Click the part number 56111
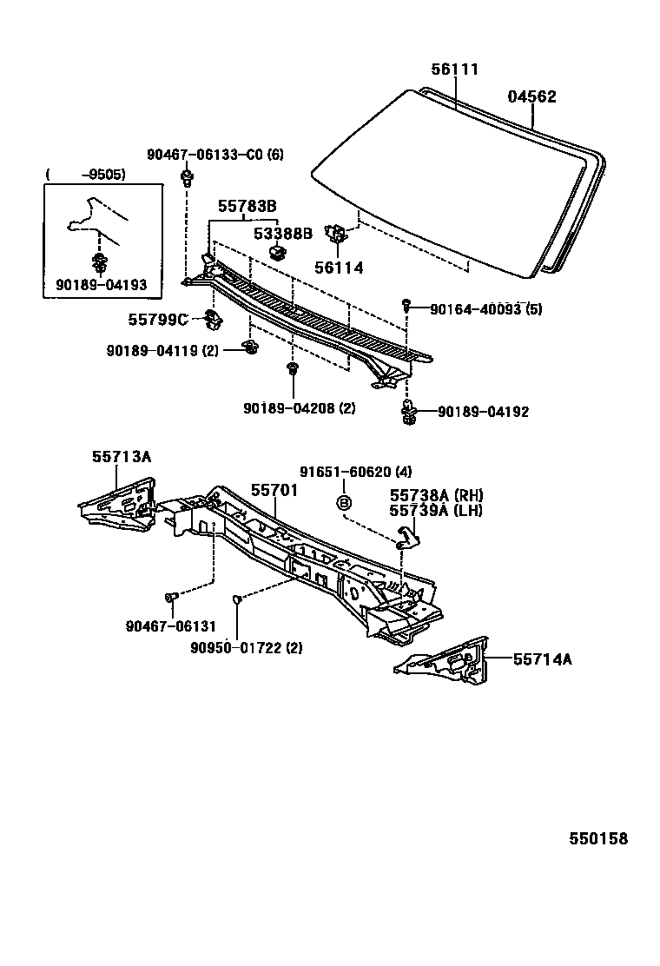[x=455, y=69]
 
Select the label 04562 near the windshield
[x=531, y=97]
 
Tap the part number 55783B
[x=247, y=206]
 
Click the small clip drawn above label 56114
[x=335, y=234]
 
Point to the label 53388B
[x=282, y=234]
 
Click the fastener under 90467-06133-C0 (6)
[x=187, y=180]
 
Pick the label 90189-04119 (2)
[x=162, y=350]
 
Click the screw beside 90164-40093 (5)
[x=406, y=304]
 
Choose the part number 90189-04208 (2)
[x=299, y=407]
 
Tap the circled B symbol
[x=344, y=502]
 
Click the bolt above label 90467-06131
[x=170, y=597]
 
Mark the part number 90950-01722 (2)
[x=247, y=647]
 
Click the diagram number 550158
[x=597, y=838]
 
